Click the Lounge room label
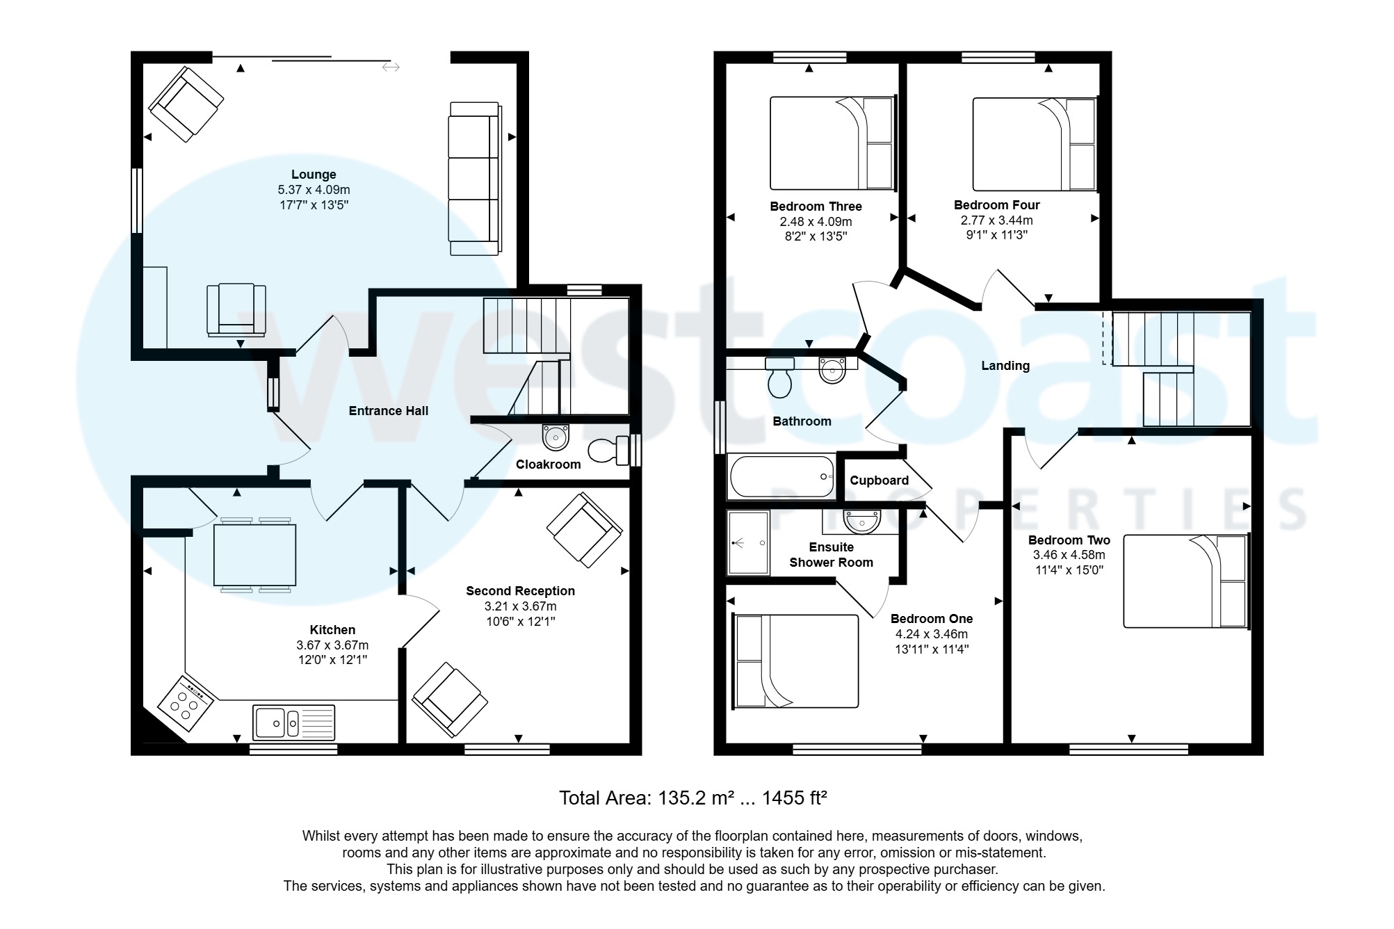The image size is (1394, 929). (x=314, y=175)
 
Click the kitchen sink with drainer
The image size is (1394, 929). (x=293, y=722)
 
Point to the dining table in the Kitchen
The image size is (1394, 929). (x=254, y=555)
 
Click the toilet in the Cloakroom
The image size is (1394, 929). (x=606, y=451)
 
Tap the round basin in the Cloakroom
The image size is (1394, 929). (x=555, y=438)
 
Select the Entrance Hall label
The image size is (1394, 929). (x=388, y=411)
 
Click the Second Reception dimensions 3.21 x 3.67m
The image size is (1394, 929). (x=520, y=606)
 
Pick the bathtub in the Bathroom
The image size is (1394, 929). (x=781, y=476)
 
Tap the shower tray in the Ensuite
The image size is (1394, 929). (x=748, y=542)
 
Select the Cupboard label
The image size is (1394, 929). (x=879, y=480)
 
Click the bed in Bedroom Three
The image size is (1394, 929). (x=831, y=143)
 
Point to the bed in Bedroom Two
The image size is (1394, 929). (x=1185, y=581)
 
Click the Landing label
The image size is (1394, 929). (x=1005, y=366)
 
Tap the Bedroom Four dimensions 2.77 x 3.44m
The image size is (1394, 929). (x=996, y=220)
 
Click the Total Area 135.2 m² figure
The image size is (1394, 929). (x=693, y=798)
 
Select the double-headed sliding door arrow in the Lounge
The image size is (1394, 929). (x=391, y=67)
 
